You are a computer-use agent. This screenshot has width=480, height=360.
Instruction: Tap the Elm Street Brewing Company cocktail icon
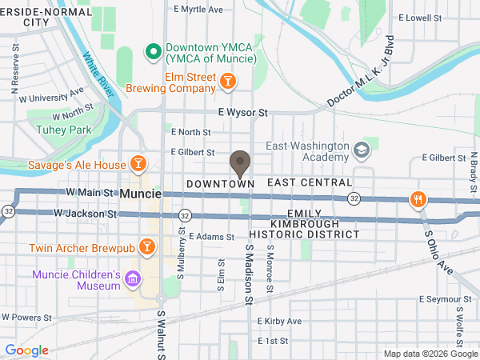(228, 82)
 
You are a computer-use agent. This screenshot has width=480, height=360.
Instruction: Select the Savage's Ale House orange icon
(138, 165)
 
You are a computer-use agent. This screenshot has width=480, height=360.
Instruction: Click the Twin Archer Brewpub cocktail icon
(147, 246)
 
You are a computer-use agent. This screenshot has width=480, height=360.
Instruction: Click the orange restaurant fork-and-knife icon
(416, 199)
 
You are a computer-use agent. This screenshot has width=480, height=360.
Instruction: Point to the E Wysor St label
(242, 114)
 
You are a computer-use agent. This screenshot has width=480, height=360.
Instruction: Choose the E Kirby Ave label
(279, 321)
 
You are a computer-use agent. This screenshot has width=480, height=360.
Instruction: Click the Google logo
(27, 350)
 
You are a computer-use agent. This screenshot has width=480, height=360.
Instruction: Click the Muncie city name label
(140, 194)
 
